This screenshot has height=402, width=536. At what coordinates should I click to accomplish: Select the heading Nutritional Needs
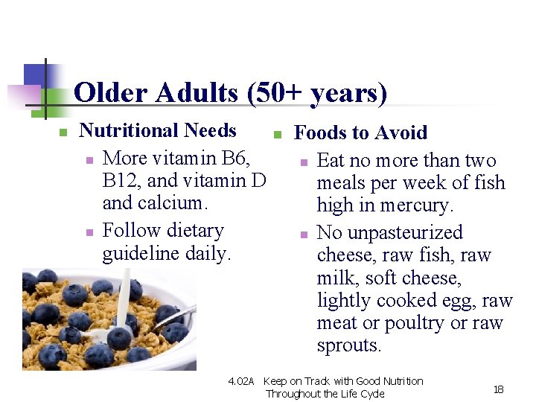click(158, 130)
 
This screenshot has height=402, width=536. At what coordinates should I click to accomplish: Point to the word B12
click(118, 180)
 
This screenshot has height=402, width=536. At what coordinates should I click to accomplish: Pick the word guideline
click(140, 253)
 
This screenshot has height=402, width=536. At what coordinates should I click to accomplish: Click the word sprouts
click(349, 345)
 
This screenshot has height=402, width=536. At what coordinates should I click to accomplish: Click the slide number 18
click(498, 389)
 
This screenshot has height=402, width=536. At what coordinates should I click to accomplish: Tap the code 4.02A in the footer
click(240, 381)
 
